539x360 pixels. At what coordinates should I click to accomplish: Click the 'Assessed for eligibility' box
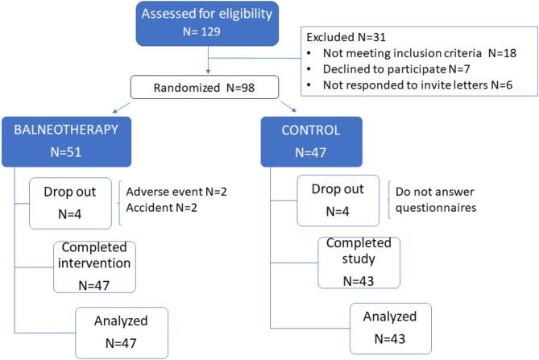[x=209, y=23]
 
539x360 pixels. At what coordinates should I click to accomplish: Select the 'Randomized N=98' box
[x=209, y=86]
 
